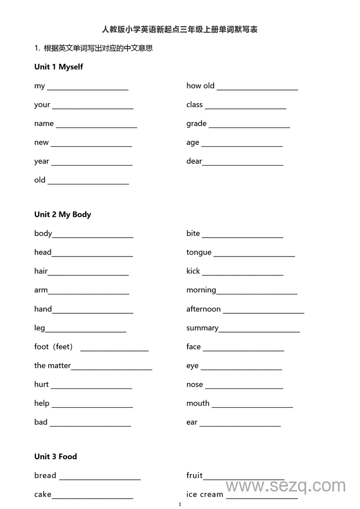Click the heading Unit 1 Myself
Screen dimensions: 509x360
tap(58, 67)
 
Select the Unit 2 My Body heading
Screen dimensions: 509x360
tap(63, 215)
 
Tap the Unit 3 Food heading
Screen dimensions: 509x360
tap(55, 457)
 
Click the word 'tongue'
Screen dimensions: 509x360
tap(198, 252)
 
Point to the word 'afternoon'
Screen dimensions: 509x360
tap(203, 309)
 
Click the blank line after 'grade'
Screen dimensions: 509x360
tap(249, 127)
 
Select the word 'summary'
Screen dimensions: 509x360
tap(202, 328)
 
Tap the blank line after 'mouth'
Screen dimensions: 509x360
tap(252, 407)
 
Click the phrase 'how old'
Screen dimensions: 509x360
tap(200, 86)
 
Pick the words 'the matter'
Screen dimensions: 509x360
tap(52, 366)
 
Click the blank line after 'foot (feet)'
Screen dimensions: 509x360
tap(114, 350)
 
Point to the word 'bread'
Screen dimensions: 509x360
tap(45, 476)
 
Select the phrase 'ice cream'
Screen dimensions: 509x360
tap(204, 495)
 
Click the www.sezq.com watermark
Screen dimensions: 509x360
tap(285, 486)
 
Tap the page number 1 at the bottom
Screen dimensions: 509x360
tap(180, 504)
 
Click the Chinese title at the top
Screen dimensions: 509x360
tap(180, 30)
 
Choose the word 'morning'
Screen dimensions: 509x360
tap(201, 290)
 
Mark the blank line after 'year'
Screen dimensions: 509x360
tap(92, 165)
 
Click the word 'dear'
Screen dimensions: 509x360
tap(194, 162)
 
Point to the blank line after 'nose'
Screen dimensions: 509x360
tap(244, 388)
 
